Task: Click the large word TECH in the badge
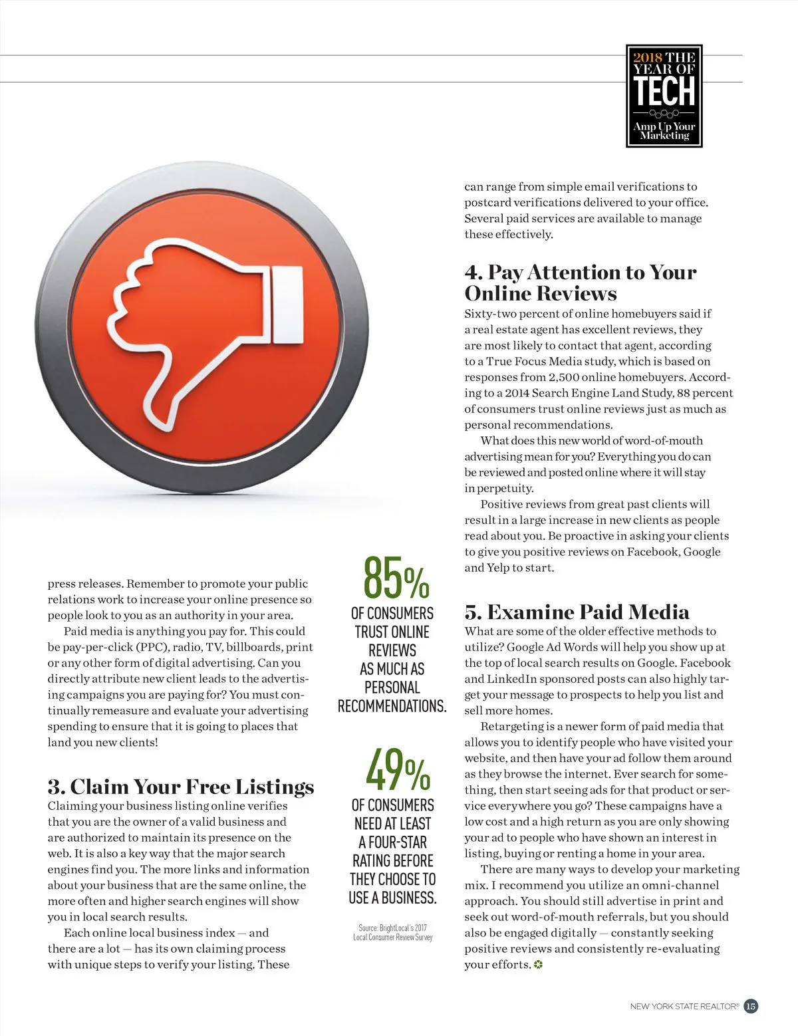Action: tap(664, 91)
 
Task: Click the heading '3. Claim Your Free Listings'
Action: tap(180, 787)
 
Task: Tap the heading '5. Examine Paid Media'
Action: tap(577, 612)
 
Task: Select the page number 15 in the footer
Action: tap(750, 1006)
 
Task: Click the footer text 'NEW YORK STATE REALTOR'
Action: tap(684, 1007)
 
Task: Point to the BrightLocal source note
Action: tap(393, 932)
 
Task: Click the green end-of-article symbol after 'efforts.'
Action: tap(538, 965)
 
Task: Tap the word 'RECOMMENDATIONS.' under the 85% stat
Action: tap(392, 706)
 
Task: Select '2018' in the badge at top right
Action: tap(647, 57)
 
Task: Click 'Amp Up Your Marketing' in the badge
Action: tap(664, 130)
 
